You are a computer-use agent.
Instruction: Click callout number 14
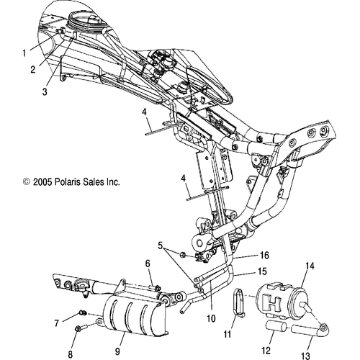pos(311,266)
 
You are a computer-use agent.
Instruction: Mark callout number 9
pos(116,354)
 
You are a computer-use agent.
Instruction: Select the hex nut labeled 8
pos(77,330)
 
